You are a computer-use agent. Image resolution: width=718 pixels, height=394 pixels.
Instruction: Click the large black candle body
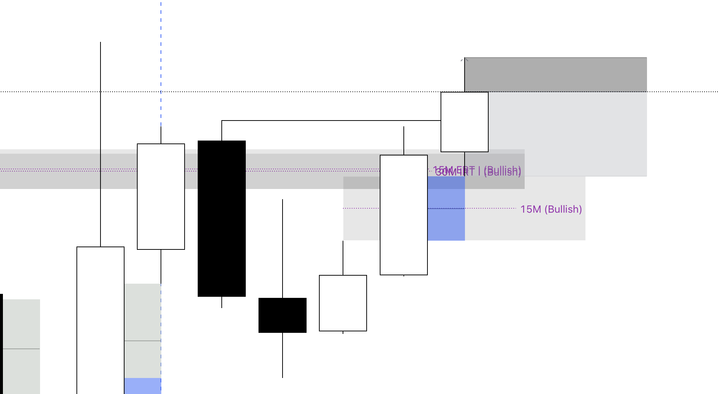pos(221,218)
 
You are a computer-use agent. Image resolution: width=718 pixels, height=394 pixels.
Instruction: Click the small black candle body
pos(282,315)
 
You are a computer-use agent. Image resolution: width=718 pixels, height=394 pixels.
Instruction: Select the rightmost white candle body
pos(464,122)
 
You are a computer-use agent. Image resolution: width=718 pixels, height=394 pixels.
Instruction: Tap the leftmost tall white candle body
pos(100,320)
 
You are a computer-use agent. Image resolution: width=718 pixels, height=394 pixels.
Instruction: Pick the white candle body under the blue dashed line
pos(161,197)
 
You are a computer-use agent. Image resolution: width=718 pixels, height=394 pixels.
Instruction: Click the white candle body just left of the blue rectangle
pos(403,215)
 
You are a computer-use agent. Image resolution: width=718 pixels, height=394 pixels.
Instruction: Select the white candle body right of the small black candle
pos(343,303)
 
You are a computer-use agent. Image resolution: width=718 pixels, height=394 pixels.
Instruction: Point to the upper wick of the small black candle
pos(283,248)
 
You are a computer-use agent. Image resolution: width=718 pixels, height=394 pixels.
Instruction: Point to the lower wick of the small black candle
pos(283,355)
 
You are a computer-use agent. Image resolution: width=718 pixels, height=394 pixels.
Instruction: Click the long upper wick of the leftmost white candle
pos(100,146)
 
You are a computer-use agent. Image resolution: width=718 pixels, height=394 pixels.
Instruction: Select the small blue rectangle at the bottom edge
pos(143,386)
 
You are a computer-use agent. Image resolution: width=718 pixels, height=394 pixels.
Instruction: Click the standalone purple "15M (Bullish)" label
pos(551,209)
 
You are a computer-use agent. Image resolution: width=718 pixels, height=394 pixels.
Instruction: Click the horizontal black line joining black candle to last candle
pos(328,121)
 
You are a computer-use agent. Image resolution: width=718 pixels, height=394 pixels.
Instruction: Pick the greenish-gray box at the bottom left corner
pos(21,346)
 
